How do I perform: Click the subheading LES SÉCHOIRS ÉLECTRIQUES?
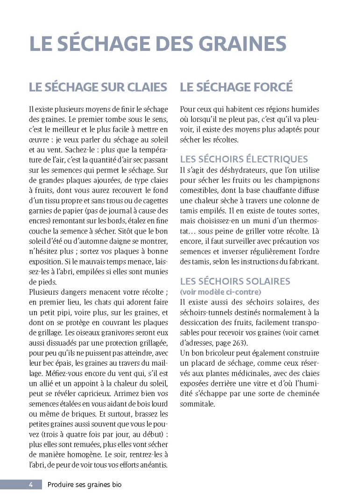click(x=244, y=159)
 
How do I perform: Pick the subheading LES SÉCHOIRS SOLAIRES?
click(x=235, y=281)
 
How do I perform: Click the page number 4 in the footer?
click(x=30, y=484)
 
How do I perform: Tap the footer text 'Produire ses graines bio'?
click(x=85, y=484)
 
